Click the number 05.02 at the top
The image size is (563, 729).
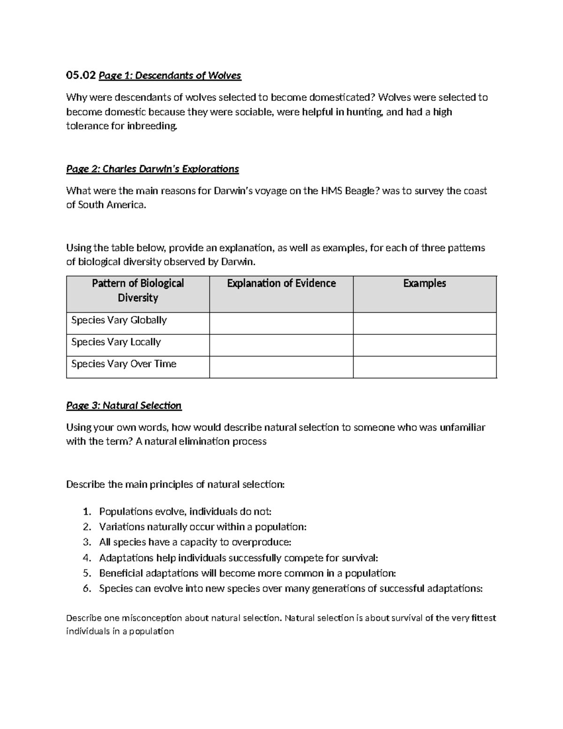pyautogui.click(x=81, y=75)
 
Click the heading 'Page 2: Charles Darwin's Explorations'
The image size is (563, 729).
pyautogui.click(x=152, y=169)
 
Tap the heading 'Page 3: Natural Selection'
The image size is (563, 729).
pyautogui.click(x=124, y=405)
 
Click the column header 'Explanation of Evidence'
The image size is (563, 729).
pyautogui.click(x=281, y=283)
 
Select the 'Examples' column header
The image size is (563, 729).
pyautogui.click(x=424, y=283)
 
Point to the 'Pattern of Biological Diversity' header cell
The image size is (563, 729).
pyautogui.click(x=137, y=290)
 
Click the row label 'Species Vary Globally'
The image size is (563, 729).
pyautogui.click(x=119, y=320)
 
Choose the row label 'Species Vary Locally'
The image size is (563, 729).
pyautogui.click(x=116, y=342)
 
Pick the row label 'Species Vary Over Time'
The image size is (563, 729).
pyautogui.click(x=123, y=364)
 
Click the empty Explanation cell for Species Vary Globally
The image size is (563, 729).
pyautogui.click(x=281, y=323)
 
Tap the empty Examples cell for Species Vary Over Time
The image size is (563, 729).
pyautogui.click(x=424, y=367)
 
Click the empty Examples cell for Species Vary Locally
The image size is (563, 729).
pyautogui.click(x=424, y=345)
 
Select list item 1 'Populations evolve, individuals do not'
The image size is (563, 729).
pyautogui.click(x=185, y=511)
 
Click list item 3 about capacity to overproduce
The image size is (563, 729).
pyautogui.click(x=195, y=542)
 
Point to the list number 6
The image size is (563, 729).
pyautogui.click(x=86, y=589)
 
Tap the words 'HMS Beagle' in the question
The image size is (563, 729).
pyautogui.click(x=347, y=191)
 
